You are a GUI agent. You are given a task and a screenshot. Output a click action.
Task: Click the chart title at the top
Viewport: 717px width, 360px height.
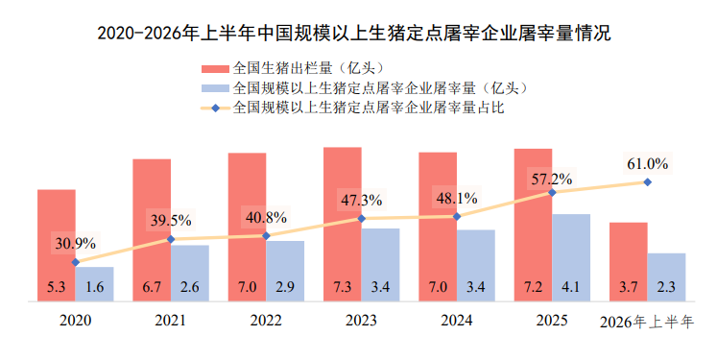(x=354, y=34)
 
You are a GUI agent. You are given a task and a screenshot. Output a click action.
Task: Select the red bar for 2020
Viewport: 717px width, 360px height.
(x=57, y=245)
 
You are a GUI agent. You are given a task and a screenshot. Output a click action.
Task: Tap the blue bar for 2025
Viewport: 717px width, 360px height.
(x=571, y=257)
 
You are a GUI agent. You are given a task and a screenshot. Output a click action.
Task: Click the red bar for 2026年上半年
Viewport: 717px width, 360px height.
(x=629, y=262)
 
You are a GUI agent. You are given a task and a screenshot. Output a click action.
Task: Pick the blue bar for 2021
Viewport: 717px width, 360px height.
(x=190, y=273)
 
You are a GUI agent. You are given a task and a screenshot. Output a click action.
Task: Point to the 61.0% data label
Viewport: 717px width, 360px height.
(x=648, y=163)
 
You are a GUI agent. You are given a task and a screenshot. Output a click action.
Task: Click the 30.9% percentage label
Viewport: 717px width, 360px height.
(x=76, y=243)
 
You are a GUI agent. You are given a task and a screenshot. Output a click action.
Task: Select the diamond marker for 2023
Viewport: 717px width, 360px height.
(x=361, y=219)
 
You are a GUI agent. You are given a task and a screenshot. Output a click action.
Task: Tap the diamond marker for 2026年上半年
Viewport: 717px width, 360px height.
(x=648, y=182)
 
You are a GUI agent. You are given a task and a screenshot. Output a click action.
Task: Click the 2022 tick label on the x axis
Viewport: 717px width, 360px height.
(x=266, y=321)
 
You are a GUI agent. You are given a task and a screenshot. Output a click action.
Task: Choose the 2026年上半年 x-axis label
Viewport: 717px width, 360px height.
(x=647, y=322)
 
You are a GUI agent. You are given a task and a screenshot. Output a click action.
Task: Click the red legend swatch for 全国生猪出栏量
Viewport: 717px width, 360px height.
(x=215, y=69)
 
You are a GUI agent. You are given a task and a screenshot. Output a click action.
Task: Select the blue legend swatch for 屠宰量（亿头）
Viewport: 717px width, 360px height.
(x=215, y=88)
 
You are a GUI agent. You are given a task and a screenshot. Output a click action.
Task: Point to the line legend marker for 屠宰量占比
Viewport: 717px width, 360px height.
(x=215, y=108)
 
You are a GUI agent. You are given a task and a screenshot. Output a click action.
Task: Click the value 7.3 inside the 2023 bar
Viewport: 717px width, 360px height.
(x=342, y=287)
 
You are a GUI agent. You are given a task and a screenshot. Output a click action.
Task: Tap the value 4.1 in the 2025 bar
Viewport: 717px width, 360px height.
(x=571, y=287)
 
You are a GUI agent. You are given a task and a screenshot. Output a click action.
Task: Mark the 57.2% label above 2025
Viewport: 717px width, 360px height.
(x=552, y=179)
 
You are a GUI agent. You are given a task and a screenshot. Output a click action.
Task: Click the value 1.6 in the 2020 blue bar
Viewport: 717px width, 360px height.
(x=94, y=287)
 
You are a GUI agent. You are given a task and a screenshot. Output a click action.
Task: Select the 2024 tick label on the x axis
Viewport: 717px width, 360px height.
(x=456, y=321)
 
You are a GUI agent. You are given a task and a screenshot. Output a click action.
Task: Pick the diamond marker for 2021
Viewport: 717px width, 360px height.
(x=171, y=239)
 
